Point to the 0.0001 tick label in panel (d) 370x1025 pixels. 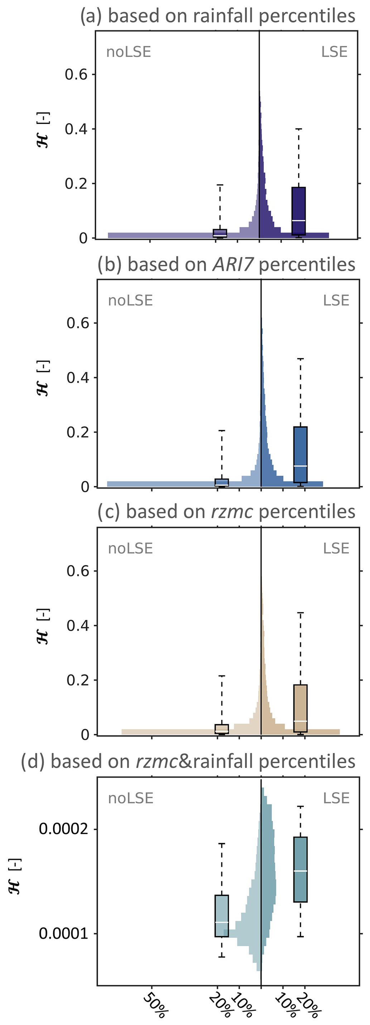[x=63, y=933]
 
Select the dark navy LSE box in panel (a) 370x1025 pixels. [x=298, y=211]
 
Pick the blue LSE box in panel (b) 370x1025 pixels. [x=301, y=454]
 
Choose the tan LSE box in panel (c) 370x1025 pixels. [x=301, y=708]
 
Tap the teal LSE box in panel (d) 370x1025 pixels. [x=301, y=869]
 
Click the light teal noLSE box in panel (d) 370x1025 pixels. [x=222, y=916]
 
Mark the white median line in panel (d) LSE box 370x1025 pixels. [x=301, y=871]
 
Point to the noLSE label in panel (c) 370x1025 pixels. [x=130, y=548]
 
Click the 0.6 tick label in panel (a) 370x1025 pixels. [x=76, y=75]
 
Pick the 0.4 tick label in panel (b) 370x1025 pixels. [x=78, y=378]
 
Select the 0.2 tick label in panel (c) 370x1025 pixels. [x=78, y=680]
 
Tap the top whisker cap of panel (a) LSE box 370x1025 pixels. [x=298, y=129]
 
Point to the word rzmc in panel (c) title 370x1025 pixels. [x=232, y=512]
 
